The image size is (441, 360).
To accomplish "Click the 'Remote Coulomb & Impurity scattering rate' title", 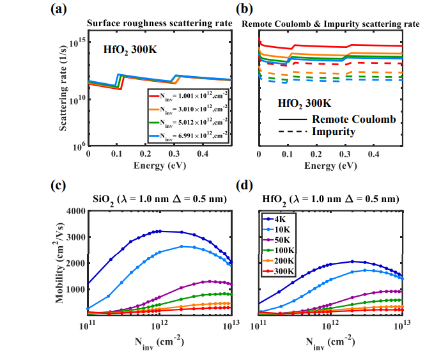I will click(330, 24).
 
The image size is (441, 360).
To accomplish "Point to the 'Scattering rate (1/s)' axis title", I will click(65, 93).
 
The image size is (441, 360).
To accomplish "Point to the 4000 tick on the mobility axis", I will click(74, 211).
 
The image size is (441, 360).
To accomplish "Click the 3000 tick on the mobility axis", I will click(74, 237).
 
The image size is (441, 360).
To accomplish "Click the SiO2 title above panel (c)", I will click(159, 198).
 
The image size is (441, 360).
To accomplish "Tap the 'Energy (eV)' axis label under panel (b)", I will click(330, 166).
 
